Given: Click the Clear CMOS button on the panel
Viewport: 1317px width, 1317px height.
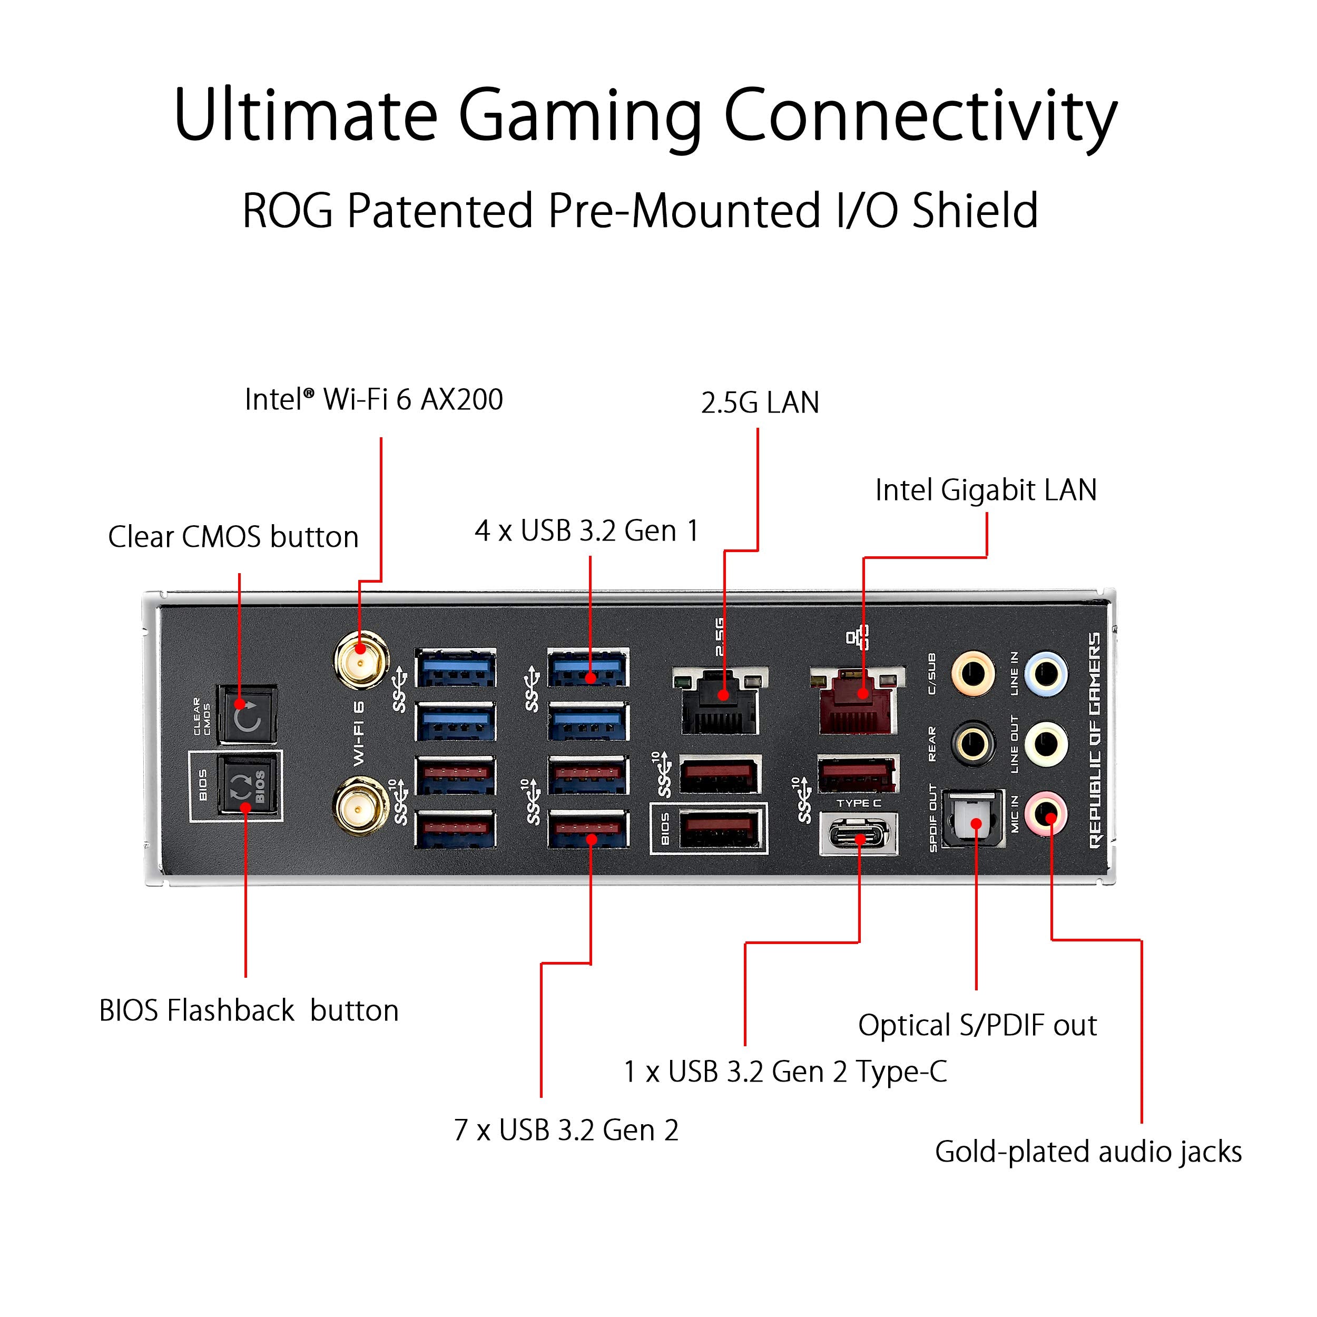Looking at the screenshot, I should (247, 714).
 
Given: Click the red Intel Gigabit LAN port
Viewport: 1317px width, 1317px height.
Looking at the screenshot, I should (858, 702).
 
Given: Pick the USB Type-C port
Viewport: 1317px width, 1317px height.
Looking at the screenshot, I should (859, 834).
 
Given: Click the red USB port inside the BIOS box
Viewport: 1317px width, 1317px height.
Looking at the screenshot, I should (721, 830).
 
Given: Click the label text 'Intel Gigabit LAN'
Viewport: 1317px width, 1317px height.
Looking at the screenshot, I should (986, 490).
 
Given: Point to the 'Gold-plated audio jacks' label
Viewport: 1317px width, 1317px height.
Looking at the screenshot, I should (1088, 1152).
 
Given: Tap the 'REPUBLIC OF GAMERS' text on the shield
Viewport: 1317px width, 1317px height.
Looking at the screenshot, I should (1095, 740).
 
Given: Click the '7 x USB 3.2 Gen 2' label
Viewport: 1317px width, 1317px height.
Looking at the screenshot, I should (566, 1130).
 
